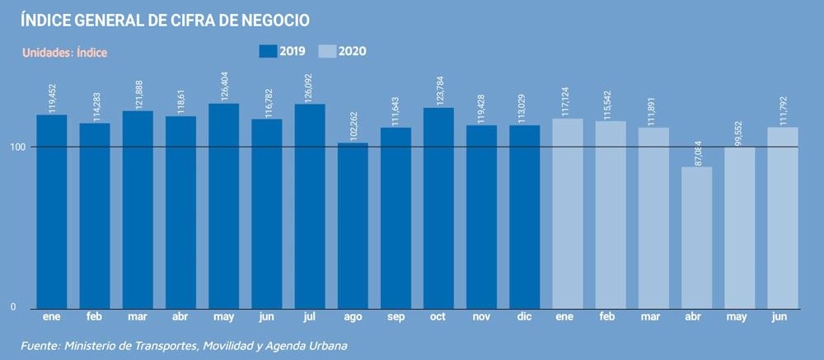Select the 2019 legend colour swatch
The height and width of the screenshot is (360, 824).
point(268,51)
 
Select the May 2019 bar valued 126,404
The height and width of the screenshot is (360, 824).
point(223,206)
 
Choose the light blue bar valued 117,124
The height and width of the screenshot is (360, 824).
point(567,213)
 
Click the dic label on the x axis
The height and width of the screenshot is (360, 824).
point(524,316)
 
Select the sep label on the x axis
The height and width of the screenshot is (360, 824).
point(396,316)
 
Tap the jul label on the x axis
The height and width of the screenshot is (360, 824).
point(310,316)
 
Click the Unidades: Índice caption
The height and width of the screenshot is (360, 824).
point(64,53)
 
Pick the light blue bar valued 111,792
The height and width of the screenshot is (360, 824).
point(782,217)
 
